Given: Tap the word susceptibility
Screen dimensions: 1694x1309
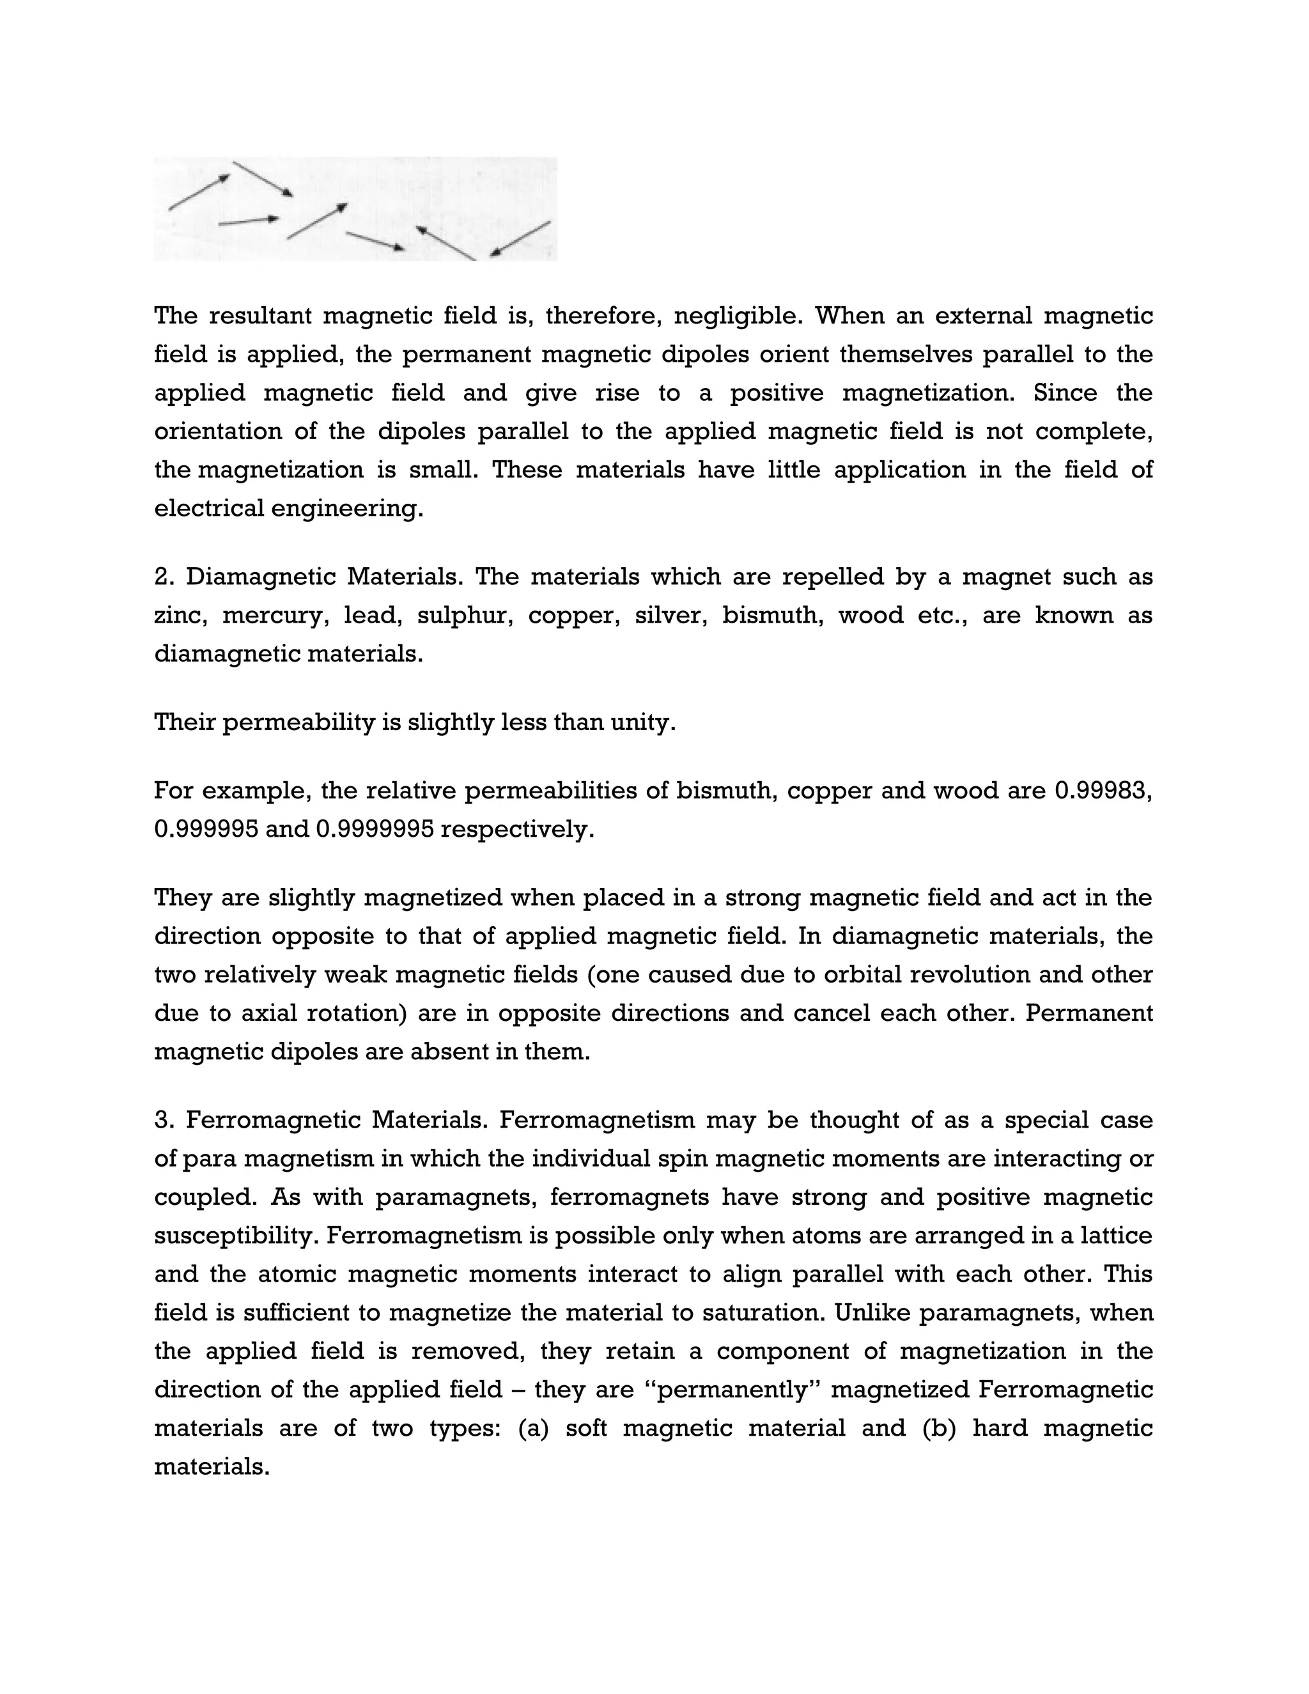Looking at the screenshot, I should (236, 1236).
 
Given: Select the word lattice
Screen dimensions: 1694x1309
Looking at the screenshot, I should (1113, 1236).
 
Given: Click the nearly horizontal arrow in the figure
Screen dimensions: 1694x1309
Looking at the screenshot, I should (248, 222).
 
